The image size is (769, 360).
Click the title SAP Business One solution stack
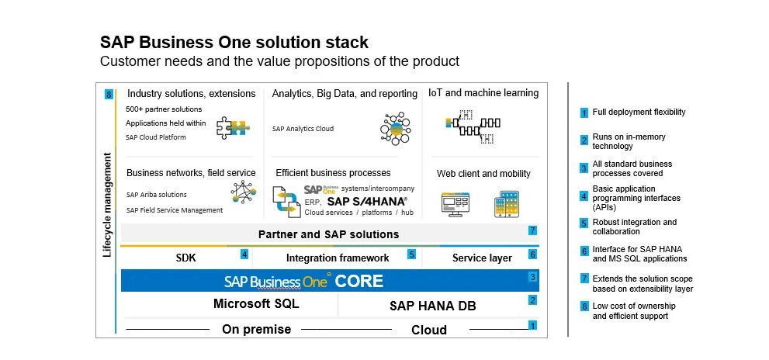234,42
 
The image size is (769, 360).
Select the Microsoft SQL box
256,304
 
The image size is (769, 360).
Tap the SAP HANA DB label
432,306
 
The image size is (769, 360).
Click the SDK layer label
186,258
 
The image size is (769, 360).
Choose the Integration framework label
338,258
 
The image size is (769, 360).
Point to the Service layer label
481,258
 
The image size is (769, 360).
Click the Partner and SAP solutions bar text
328,234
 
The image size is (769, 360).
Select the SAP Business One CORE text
303,281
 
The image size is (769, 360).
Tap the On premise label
256,329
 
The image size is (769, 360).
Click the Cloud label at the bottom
428,330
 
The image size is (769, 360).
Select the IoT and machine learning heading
483,93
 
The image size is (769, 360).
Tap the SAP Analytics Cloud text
303,129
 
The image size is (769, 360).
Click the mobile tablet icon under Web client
506,203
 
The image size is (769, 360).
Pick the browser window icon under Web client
456,204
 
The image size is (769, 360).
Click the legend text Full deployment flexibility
639,112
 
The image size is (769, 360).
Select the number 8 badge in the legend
584,306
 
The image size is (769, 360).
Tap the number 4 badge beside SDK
244,254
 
